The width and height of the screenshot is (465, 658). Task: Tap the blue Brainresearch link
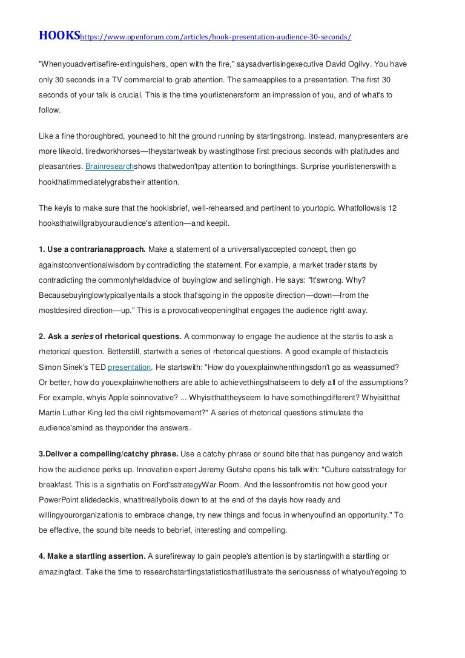[x=110, y=166]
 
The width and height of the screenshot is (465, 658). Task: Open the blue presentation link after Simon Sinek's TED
[x=129, y=367]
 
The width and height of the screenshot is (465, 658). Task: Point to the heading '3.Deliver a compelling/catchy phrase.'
[x=108, y=454]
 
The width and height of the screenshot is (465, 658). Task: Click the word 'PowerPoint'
[x=62, y=500]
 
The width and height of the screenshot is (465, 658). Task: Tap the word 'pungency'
[x=333, y=454]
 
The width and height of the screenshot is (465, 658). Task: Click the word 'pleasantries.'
[x=61, y=166]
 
